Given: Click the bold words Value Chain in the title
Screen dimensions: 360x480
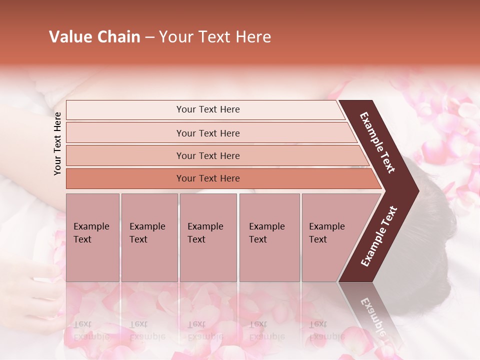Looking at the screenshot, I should click(x=94, y=37).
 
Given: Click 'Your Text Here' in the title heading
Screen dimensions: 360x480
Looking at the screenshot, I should click(x=215, y=37).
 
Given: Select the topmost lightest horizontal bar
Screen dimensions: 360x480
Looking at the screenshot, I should click(x=125, y=109).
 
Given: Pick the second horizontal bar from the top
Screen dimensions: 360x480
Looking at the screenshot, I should click(x=125, y=133).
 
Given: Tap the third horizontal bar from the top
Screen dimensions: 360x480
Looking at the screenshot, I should click(x=125, y=155).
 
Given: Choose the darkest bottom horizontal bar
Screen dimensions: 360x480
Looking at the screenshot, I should click(x=125, y=178).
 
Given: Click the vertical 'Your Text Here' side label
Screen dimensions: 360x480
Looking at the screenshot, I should click(x=57, y=143).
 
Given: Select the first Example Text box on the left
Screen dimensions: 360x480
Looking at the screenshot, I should click(x=92, y=237).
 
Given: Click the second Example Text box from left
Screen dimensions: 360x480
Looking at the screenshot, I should click(x=149, y=237).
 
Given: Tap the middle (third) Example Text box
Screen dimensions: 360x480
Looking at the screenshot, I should click(x=208, y=237).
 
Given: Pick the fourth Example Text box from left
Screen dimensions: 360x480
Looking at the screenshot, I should click(x=269, y=237).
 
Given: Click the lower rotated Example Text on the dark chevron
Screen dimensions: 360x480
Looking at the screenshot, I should click(x=379, y=236).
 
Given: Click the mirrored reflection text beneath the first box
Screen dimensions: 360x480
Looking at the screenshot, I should click(x=91, y=330).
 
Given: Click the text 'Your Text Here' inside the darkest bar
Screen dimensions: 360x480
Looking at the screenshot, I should click(x=208, y=178).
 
